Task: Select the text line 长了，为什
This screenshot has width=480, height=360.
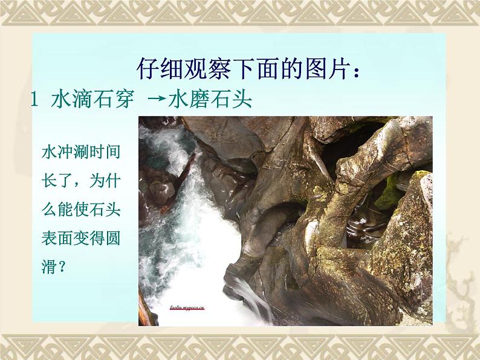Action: coord(80,181)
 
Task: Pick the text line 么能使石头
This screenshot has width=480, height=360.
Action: coord(80,210)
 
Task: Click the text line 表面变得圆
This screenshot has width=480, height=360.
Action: coord(80,238)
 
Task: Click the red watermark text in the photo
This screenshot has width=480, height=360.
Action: coord(187,307)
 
